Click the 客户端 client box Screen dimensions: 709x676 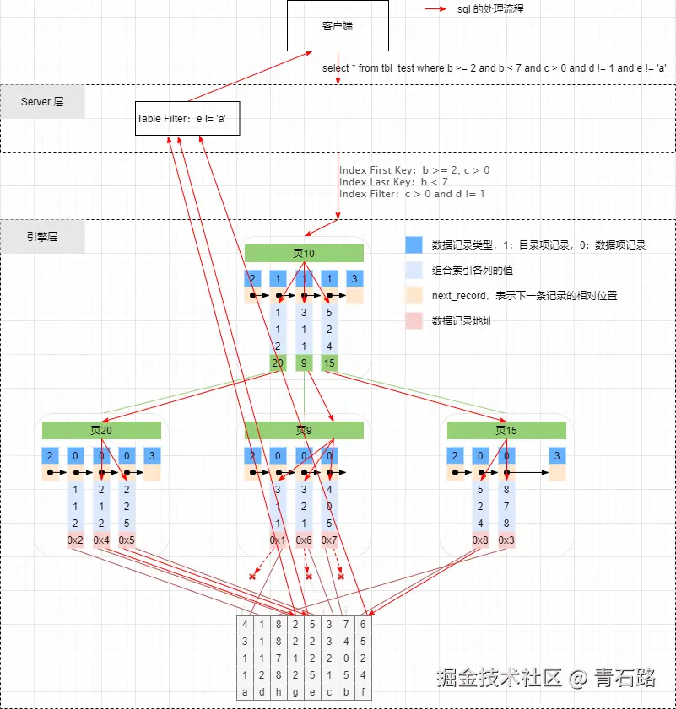click(x=338, y=26)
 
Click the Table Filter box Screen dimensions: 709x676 click(x=187, y=119)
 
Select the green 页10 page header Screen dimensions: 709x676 click(x=304, y=253)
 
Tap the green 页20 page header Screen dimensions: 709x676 click(x=101, y=430)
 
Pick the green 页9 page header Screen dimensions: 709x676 click(x=304, y=430)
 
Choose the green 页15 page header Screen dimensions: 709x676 click(x=506, y=430)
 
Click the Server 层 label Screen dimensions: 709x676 click(x=42, y=102)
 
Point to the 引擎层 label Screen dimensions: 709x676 click(x=42, y=237)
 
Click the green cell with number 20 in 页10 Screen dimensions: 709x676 click(x=278, y=363)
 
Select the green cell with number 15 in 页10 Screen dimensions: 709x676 click(x=329, y=363)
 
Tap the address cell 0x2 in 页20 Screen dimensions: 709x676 click(x=76, y=540)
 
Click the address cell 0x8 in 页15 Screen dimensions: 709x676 click(x=480, y=540)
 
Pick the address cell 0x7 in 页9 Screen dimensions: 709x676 click(x=329, y=540)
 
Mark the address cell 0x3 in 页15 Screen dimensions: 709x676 click(x=506, y=540)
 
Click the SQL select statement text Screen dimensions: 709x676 click(x=495, y=68)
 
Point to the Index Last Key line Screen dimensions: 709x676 click(x=393, y=182)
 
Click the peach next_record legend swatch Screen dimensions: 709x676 click(x=414, y=296)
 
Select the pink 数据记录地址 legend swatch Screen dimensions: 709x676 click(x=414, y=321)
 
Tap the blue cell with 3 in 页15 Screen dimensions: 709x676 click(x=556, y=456)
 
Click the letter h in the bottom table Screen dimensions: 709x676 click(x=278, y=693)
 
